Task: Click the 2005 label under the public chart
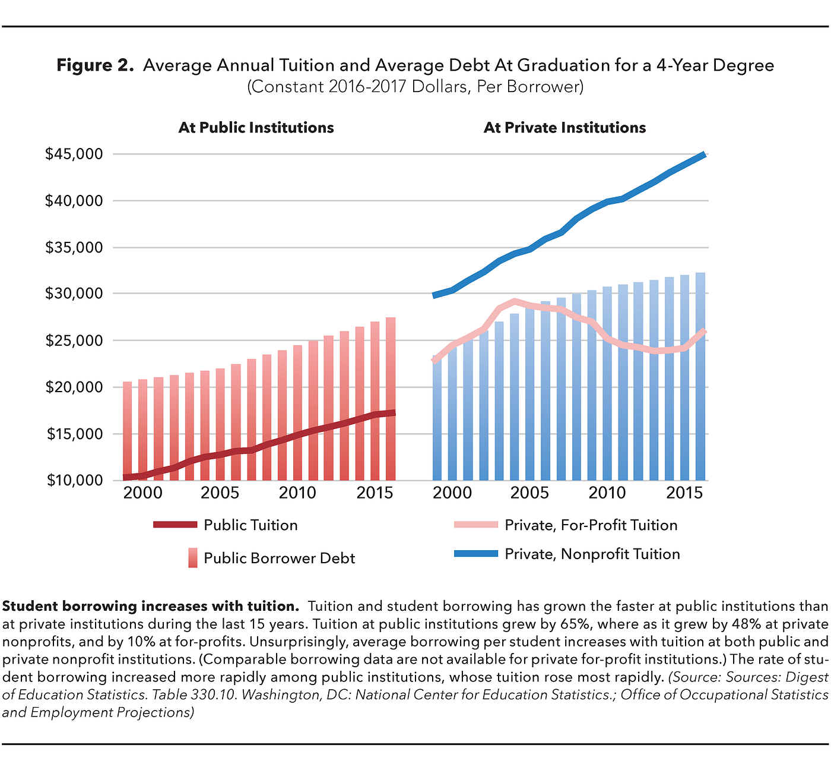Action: pyautogui.click(x=220, y=493)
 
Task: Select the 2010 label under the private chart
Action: pyautogui.click(x=607, y=493)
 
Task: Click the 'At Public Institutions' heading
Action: pyautogui.click(x=256, y=128)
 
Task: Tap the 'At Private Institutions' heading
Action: pyautogui.click(x=564, y=128)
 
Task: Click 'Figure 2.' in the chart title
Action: pyautogui.click(x=95, y=65)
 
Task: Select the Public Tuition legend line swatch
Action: pyautogui.click(x=175, y=525)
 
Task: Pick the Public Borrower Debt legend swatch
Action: pyautogui.click(x=192, y=558)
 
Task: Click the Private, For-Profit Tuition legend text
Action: pyautogui.click(x=591, y=525)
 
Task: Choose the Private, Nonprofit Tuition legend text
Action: pyautogui.click(x=592, y=554)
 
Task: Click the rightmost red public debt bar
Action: pyautogui.click(x=391, y=398)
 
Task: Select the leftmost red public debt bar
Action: pyautogui.click(x=127, y=431)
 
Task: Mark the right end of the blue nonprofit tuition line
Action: pyautogui.click(x=704, y=155)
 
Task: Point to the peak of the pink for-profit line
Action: pyautogui.click(x=514, y=301)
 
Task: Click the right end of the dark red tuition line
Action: pyautogui.click(x=393, y=413)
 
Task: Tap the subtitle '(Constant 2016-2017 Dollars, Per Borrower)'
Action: pyautogui.click(x=415, y=87)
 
